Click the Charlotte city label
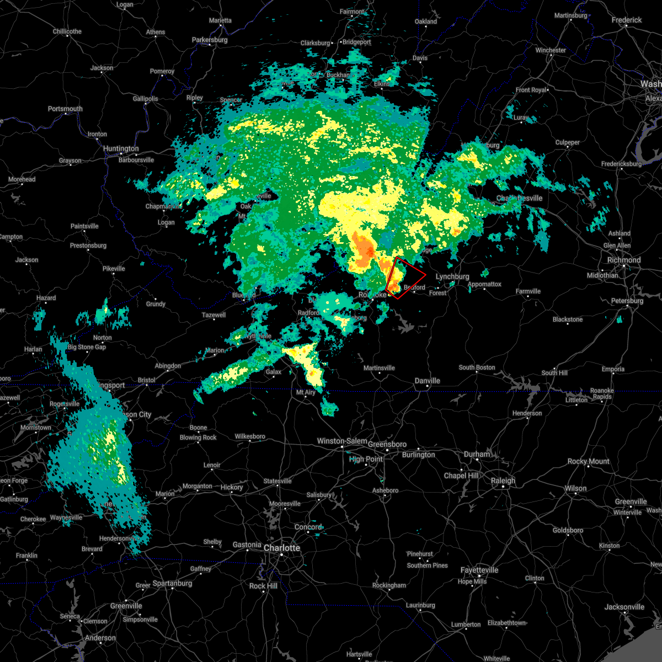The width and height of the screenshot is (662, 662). (282, 548)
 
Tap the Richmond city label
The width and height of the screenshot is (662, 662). (624, 260)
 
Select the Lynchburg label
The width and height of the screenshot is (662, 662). (452, 276)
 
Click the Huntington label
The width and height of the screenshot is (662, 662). (121, 148)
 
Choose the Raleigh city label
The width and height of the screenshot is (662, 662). (503, 481)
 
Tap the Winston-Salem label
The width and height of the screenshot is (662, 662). (342, 441)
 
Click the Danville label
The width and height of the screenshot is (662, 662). (428, 381)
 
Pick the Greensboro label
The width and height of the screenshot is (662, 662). (387, 444)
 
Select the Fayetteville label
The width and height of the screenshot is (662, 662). (479, 570)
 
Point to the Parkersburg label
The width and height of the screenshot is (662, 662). (210, 40)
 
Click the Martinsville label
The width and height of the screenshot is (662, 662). (380, 368)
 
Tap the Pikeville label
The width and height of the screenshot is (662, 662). (114, 269)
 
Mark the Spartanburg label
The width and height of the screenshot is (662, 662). (172, 583)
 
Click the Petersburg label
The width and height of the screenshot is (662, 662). (627, 301)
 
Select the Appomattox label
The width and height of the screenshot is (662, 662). (484, 284)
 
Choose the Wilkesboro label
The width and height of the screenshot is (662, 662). (250, 436)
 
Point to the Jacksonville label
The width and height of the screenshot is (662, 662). (624, 607)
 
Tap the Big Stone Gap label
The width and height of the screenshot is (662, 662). (87, 347)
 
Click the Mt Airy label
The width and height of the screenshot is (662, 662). (306, 392)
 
